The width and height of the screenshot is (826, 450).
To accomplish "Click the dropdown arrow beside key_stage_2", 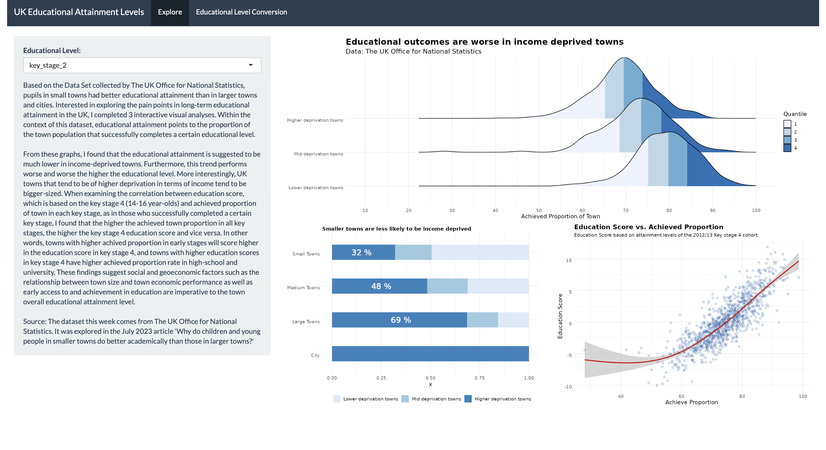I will pyautogui.click(x=250, y=65).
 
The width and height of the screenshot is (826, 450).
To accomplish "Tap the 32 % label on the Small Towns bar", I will pyautogui.click(x=361, y=253).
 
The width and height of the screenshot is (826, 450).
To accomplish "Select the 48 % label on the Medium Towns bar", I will pyautogui.click(x=381, y=286).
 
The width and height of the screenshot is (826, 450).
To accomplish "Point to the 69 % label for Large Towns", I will pyautogui.click(x=400, y=320).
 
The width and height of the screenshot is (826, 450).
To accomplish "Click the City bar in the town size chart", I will pyautogui.click(x=430, y=354).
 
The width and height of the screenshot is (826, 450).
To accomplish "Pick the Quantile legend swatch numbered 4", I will pyautogui.click(x=787, y=148).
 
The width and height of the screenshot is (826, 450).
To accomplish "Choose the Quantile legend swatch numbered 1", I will pyautogui.click(x=787, y=124).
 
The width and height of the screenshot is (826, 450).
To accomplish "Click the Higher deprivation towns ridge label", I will pyautogui.click(x=315, y=120).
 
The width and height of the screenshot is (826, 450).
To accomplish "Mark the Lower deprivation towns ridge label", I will pyautogui.click(x=315, y=188).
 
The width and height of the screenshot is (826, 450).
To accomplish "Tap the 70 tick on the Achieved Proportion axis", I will pyautogui.click(x=625, y=211).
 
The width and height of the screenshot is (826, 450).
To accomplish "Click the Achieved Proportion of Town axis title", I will pyautogui.click(x=560, y=216).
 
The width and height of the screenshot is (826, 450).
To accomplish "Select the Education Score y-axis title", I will pyautogui.click(x=560, y=316).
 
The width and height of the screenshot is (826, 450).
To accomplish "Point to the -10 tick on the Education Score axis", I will pyautogui.click(x=568, y=387).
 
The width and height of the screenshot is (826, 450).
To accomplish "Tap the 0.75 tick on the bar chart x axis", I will pyautogui.click(x=479, y=378).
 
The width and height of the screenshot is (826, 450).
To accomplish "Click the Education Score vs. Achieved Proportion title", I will pyautogui.click(x=648, y=227).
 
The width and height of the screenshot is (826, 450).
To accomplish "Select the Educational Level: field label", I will pyautogui.click(x=52, y=51).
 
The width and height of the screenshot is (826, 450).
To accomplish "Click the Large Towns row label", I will pyautogui.click(x=306, y=322).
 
